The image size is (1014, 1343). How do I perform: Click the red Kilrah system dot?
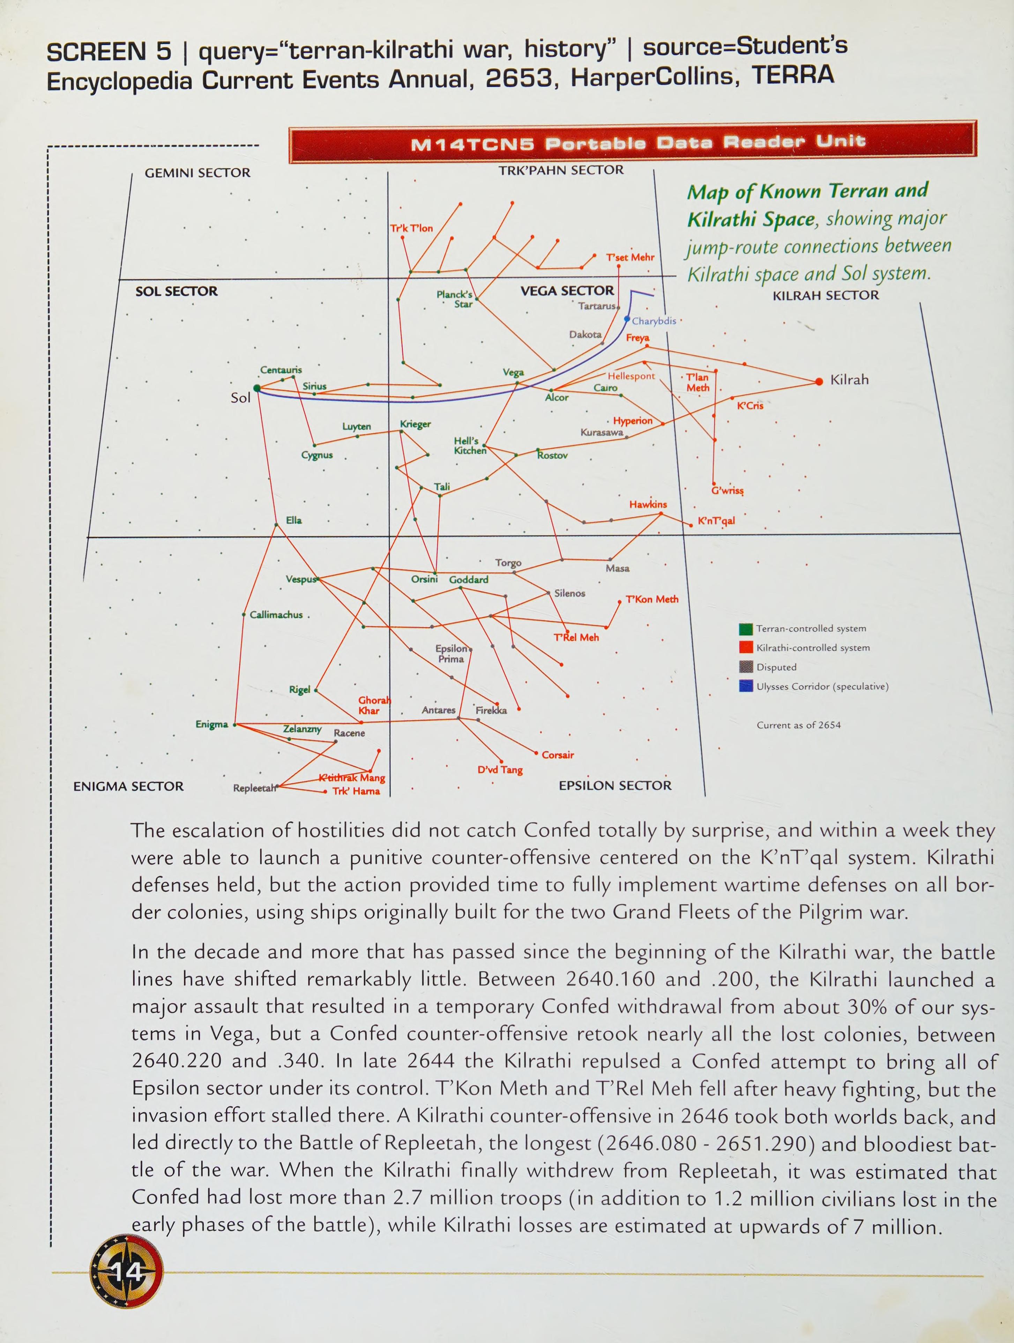tap(819, 381)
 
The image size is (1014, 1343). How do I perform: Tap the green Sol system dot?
tap(257, 388)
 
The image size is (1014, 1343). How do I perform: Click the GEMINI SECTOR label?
tap(197, 173)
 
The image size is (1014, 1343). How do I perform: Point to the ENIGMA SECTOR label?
tap(128, 786)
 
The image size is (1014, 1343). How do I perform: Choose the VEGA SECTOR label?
tap(567, 291)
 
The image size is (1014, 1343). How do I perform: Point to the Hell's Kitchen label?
tap(470, 446)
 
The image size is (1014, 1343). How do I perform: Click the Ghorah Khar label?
tap(374, 705)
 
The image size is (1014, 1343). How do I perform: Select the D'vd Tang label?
tap(500, 770)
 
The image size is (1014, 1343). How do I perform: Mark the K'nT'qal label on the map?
tap(716, 521)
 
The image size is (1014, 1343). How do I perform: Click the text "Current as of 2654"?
tap(798, 725)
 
